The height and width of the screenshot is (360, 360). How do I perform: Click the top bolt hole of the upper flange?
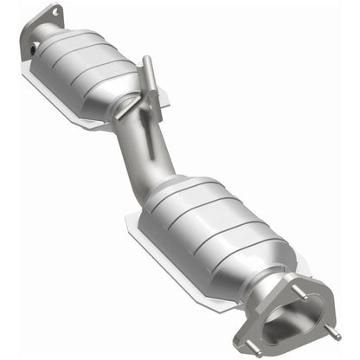point(56,11)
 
